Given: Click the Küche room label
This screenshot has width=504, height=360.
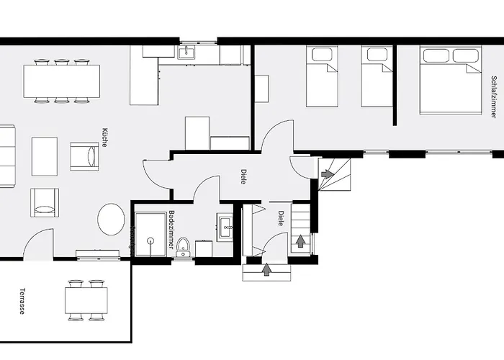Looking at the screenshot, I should pos(105,138).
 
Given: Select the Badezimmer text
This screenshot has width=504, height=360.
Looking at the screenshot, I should pos(171,230).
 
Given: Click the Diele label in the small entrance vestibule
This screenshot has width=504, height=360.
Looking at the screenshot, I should pos(281,218).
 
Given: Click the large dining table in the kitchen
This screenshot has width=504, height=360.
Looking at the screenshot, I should pos(61,81).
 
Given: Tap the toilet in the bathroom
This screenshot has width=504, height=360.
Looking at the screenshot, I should pos(183,247).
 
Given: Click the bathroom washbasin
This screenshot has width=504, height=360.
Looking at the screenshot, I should pos(225,227).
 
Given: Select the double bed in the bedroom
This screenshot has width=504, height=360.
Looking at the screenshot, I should pos(451,80).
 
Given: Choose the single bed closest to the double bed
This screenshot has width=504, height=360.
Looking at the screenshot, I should pos(377,76).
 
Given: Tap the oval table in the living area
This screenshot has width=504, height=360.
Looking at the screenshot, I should pos(111,219).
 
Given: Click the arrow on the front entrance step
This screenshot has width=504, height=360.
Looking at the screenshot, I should pos(267,270).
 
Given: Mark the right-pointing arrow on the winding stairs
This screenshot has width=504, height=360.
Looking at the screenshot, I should pos(328,174).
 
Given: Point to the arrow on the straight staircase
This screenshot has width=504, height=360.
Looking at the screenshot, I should pos(300,241).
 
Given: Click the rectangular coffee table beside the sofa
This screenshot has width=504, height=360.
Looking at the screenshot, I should pos(44,156).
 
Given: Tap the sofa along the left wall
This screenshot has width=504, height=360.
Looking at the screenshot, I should pos(6,156).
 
